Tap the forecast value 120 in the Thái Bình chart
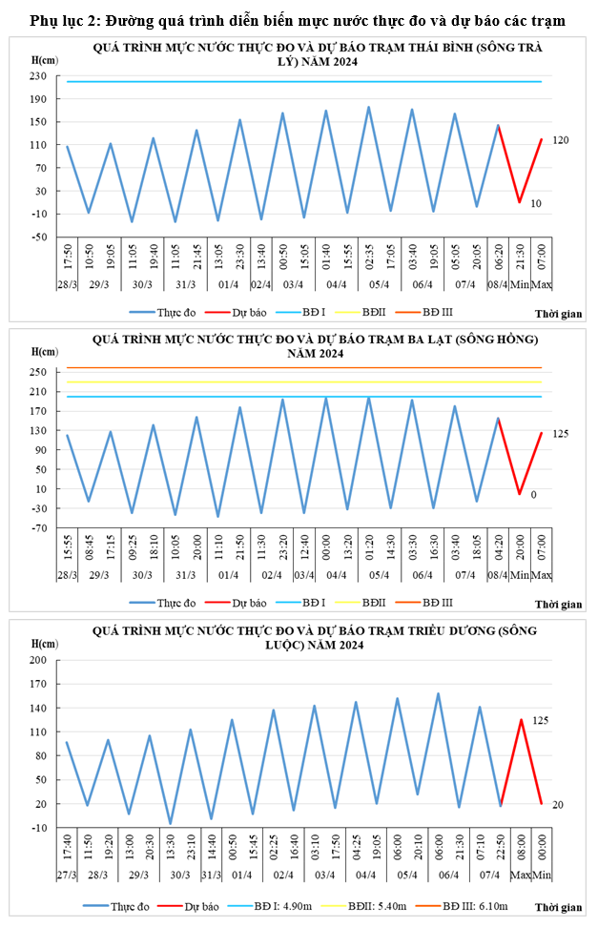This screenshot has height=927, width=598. click(560, 140)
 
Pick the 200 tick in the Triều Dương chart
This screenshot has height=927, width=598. click(39, 660)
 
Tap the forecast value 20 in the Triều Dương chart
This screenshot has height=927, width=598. click(558, 805)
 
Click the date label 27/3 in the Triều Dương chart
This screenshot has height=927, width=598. click(67, 875)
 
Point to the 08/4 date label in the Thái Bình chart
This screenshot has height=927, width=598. click(498, 283)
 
